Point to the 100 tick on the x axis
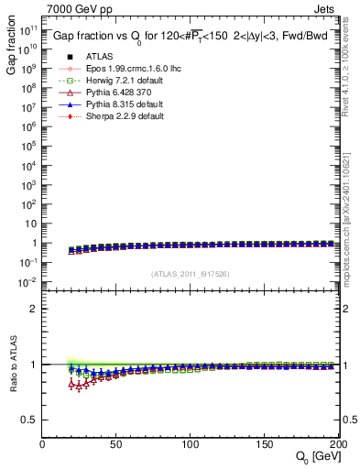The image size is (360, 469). [x=191, y=444]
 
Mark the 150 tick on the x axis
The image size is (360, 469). [x=265, y=444]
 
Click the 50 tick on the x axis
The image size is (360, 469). [x=116, y=444]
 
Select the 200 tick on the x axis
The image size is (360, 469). [x=336, y=444]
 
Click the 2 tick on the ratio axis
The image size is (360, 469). [x=35, y=309]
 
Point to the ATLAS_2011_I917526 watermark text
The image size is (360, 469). [x=191, y=274]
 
